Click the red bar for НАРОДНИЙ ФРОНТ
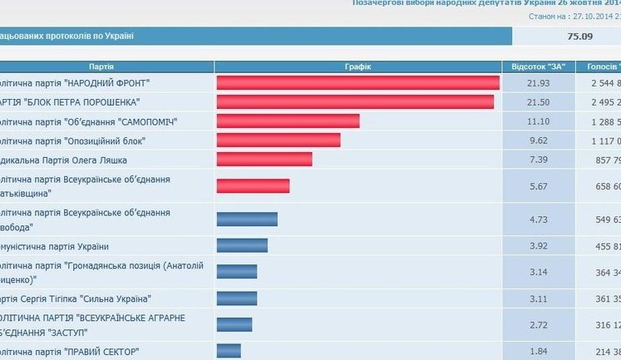click(x=357, y=82)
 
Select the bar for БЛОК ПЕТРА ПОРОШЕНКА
click(x=355, y=101)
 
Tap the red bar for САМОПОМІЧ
click(x=288, y=121)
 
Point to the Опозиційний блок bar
click(x=278, y=140)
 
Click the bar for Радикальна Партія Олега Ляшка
click(x=264, y=159)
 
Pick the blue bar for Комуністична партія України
click(x=242, y=245)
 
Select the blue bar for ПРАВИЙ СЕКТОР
click(x=229, y=350)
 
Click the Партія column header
click(x=101, y=66)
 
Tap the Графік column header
click(x=357, y=66)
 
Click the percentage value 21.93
click(x=539, y=83)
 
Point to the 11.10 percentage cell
click(x=539, y=121)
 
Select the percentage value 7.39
click(x=539, y=159)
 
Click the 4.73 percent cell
click(x=539, y=219)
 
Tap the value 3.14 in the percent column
click(x=539, y=272)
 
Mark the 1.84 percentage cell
click(x=539, y=350)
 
